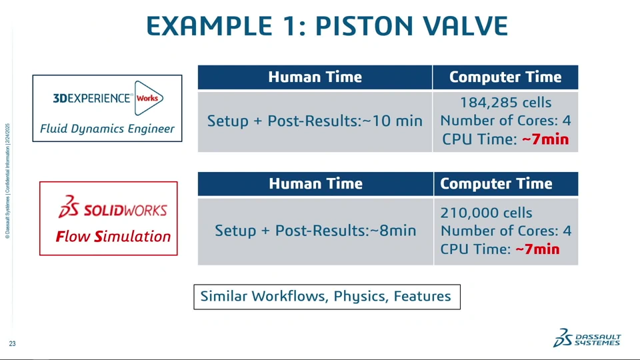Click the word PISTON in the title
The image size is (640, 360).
pos(364,26)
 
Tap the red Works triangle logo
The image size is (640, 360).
pos(149,98)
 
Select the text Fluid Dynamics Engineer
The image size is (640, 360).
pos(107,129)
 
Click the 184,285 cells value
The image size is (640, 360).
pos(506,103)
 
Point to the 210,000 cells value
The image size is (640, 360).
pos(486,213)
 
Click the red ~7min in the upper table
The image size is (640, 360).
pos(545,139)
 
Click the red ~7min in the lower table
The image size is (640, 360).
pos(537,249)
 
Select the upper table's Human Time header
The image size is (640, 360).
pos(315,77)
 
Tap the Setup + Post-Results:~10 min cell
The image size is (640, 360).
pos(315,121)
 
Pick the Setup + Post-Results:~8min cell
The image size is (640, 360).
pos(315,231)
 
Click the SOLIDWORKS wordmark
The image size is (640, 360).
pos(113,207)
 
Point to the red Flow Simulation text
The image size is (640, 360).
pos(113,236)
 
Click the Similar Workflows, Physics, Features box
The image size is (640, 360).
pos(327,297)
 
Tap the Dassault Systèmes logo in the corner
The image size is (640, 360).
pos(587,338)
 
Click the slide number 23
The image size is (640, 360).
pos(12,344)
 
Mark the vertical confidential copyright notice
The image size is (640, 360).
pos(7,181)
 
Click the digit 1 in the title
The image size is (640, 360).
pos(292,26)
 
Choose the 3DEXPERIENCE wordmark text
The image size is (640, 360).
pos(91,99)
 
